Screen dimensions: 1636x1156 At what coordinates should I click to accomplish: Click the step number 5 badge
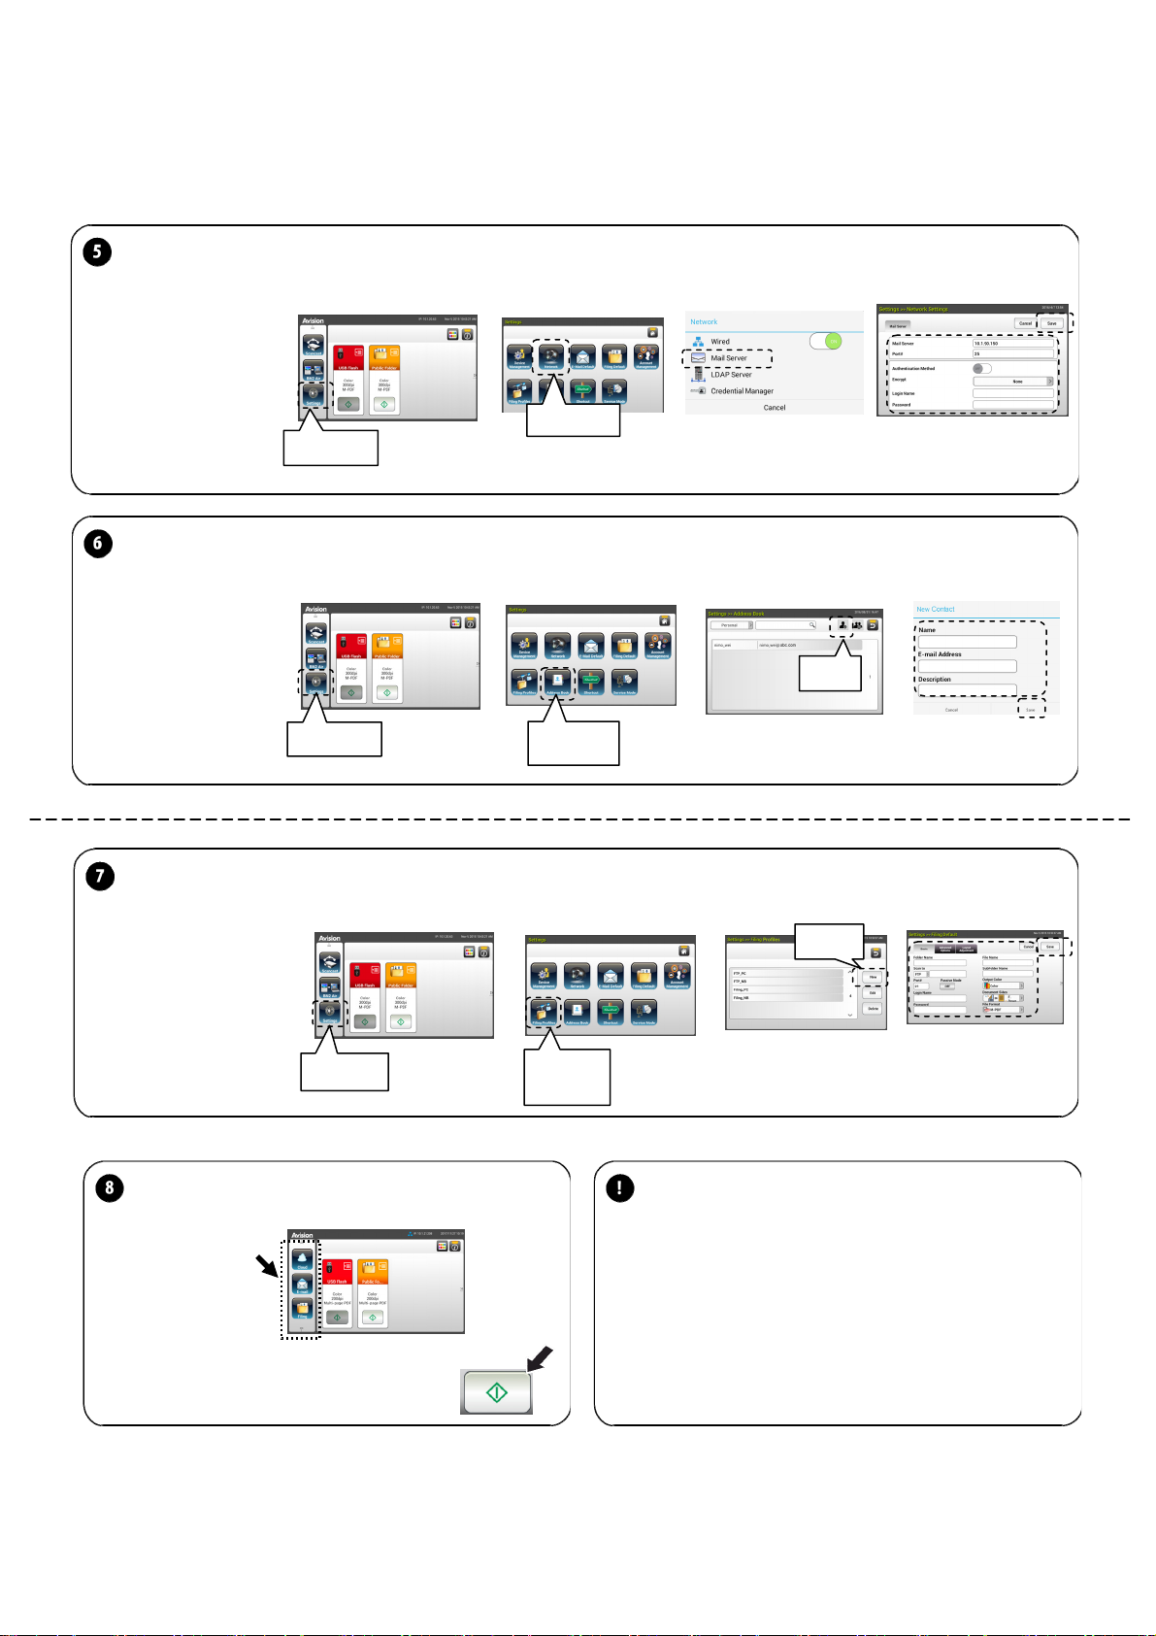[97, 252]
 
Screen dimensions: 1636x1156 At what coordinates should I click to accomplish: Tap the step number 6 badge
[98, 544]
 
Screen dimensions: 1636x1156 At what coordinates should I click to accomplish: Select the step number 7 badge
[100, 877]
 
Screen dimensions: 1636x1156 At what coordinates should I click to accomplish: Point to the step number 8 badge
[110, 1188]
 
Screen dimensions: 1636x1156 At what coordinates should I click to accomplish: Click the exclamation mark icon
[619, 1188]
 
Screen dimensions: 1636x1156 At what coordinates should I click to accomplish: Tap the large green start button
[496, 1392]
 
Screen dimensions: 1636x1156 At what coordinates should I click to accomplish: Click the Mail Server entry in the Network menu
[728, 358]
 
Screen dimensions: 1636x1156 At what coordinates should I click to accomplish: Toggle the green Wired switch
[826, 342]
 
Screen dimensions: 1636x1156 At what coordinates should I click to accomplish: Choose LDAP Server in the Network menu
[731, 375]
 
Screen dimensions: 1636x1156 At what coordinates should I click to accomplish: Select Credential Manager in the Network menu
[742, 391]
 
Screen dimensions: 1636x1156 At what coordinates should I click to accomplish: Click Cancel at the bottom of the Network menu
[774, 408]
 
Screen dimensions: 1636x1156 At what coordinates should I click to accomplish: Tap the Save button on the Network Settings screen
[1051, 323]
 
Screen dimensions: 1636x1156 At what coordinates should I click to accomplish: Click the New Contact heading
[936, 610]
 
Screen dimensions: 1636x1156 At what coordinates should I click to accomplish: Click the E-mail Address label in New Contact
[940, 654]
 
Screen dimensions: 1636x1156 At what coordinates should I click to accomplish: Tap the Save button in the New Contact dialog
[1031, 710]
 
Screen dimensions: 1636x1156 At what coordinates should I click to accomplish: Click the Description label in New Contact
[935, 680]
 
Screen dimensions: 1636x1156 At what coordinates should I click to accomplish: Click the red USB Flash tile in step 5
[348, 358]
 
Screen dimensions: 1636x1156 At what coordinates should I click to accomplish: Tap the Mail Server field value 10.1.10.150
[986, 344]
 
